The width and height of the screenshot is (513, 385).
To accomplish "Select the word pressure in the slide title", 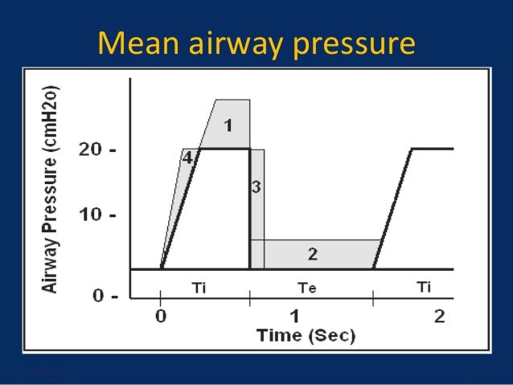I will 349,46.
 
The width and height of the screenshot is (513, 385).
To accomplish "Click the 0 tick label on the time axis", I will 161,316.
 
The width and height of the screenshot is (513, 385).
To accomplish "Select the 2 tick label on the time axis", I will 439,316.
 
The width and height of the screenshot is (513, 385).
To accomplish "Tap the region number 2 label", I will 312,254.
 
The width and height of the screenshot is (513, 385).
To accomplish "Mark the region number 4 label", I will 187,158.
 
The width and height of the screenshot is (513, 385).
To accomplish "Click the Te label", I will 307,287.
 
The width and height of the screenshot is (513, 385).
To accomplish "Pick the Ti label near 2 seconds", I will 424,287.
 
